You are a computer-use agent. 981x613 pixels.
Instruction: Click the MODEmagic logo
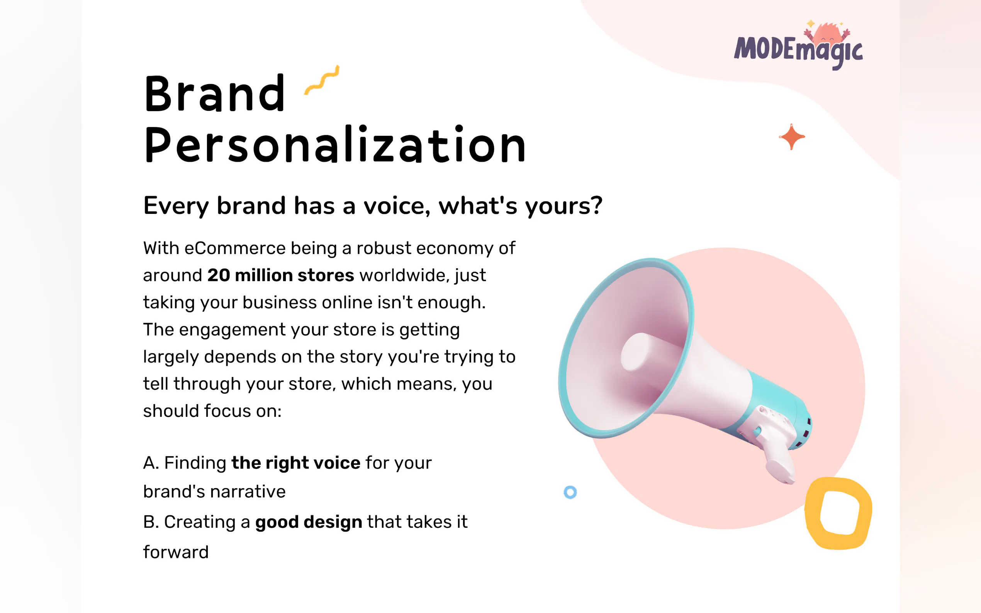pos(798,46)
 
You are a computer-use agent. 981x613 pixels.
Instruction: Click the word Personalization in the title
pos(334,144)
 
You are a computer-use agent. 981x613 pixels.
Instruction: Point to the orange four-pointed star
pos(792,137)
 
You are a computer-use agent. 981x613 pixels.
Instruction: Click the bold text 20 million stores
pos(281,275)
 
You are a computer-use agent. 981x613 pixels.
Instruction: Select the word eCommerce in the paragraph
pos(235,248)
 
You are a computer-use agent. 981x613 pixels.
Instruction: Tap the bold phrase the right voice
pos(295,462)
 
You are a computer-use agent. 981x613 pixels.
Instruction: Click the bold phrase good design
pos(309,522)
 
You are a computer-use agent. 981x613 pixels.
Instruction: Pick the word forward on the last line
pos(176,552)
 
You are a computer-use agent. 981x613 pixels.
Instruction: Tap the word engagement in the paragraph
pos(233,330)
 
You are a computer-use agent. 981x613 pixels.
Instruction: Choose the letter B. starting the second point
pos(151,522)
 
